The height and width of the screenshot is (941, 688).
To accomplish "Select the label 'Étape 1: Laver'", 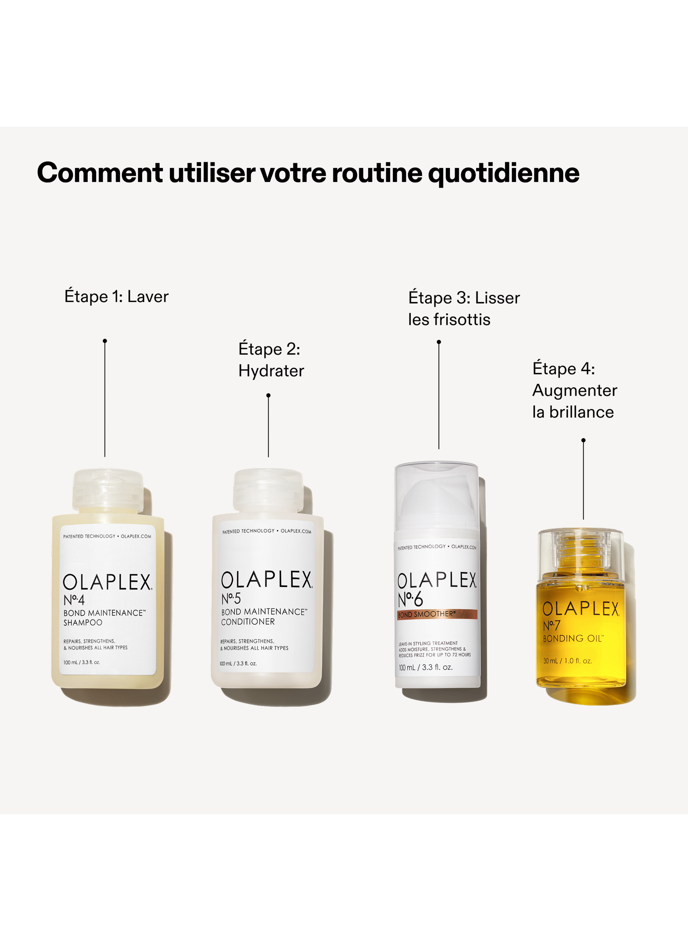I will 116,297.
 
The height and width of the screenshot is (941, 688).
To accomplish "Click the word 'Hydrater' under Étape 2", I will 271,371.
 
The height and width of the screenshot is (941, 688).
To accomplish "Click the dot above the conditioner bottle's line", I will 268,396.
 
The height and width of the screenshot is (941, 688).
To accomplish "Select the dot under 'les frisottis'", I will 438,342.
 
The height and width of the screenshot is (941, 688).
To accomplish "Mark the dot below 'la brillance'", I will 583,440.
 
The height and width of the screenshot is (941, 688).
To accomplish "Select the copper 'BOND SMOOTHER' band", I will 437,614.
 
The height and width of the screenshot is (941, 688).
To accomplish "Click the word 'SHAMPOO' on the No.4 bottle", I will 83,623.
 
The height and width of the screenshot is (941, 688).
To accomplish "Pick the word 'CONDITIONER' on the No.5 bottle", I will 248,622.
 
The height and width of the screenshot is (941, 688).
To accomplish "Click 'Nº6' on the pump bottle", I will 410,599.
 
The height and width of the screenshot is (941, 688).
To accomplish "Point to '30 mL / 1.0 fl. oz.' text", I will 567,661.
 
